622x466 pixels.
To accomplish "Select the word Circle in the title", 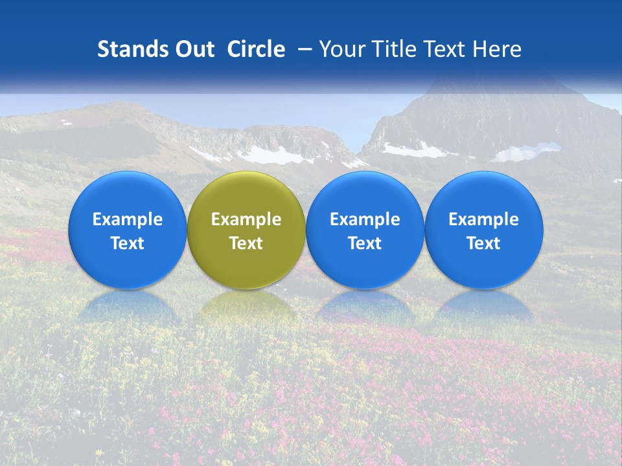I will point(256,49).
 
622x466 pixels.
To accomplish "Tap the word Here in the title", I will point(496,49).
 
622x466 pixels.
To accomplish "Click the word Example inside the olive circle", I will point(246,219).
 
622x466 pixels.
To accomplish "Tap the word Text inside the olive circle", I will point(246,243).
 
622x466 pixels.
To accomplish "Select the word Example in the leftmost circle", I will point(128,219).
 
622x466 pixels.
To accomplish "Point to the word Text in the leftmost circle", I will point(128,243).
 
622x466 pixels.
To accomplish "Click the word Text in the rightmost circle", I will point(484,243).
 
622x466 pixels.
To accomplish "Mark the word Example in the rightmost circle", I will point(484,219).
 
